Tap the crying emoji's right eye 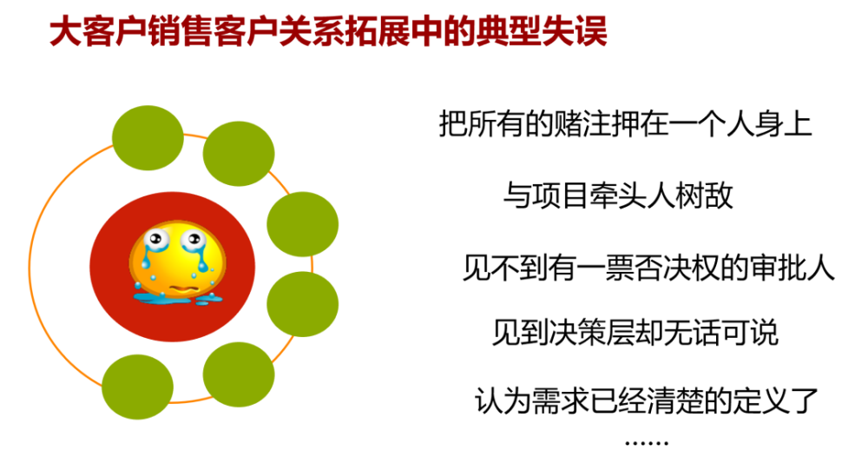click(x=191, y=239)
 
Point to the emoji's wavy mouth click(x=177, y=286)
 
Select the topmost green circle click(x=148, y=136)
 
